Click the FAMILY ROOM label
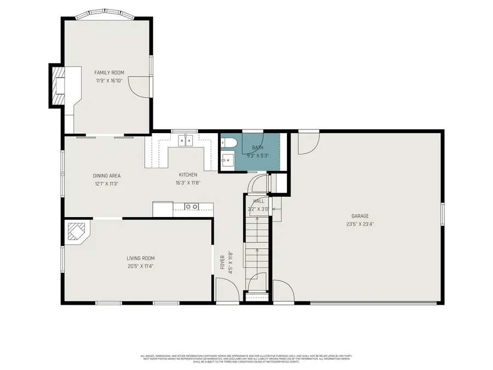click(109, 72)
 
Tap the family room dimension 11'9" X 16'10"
click(109, 81)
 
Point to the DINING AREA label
click(106, 175)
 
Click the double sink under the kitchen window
click(185, 141)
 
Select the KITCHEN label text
click(187, 175)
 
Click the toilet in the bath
click(230, 143)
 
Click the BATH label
click(257, 147)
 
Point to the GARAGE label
click(360, 216)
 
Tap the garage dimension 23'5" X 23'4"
click(360, 224)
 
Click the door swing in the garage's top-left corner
click(307, 143)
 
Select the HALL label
click(259, 201)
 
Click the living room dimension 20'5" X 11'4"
click(141, 266)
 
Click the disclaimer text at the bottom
click(246, 358)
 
